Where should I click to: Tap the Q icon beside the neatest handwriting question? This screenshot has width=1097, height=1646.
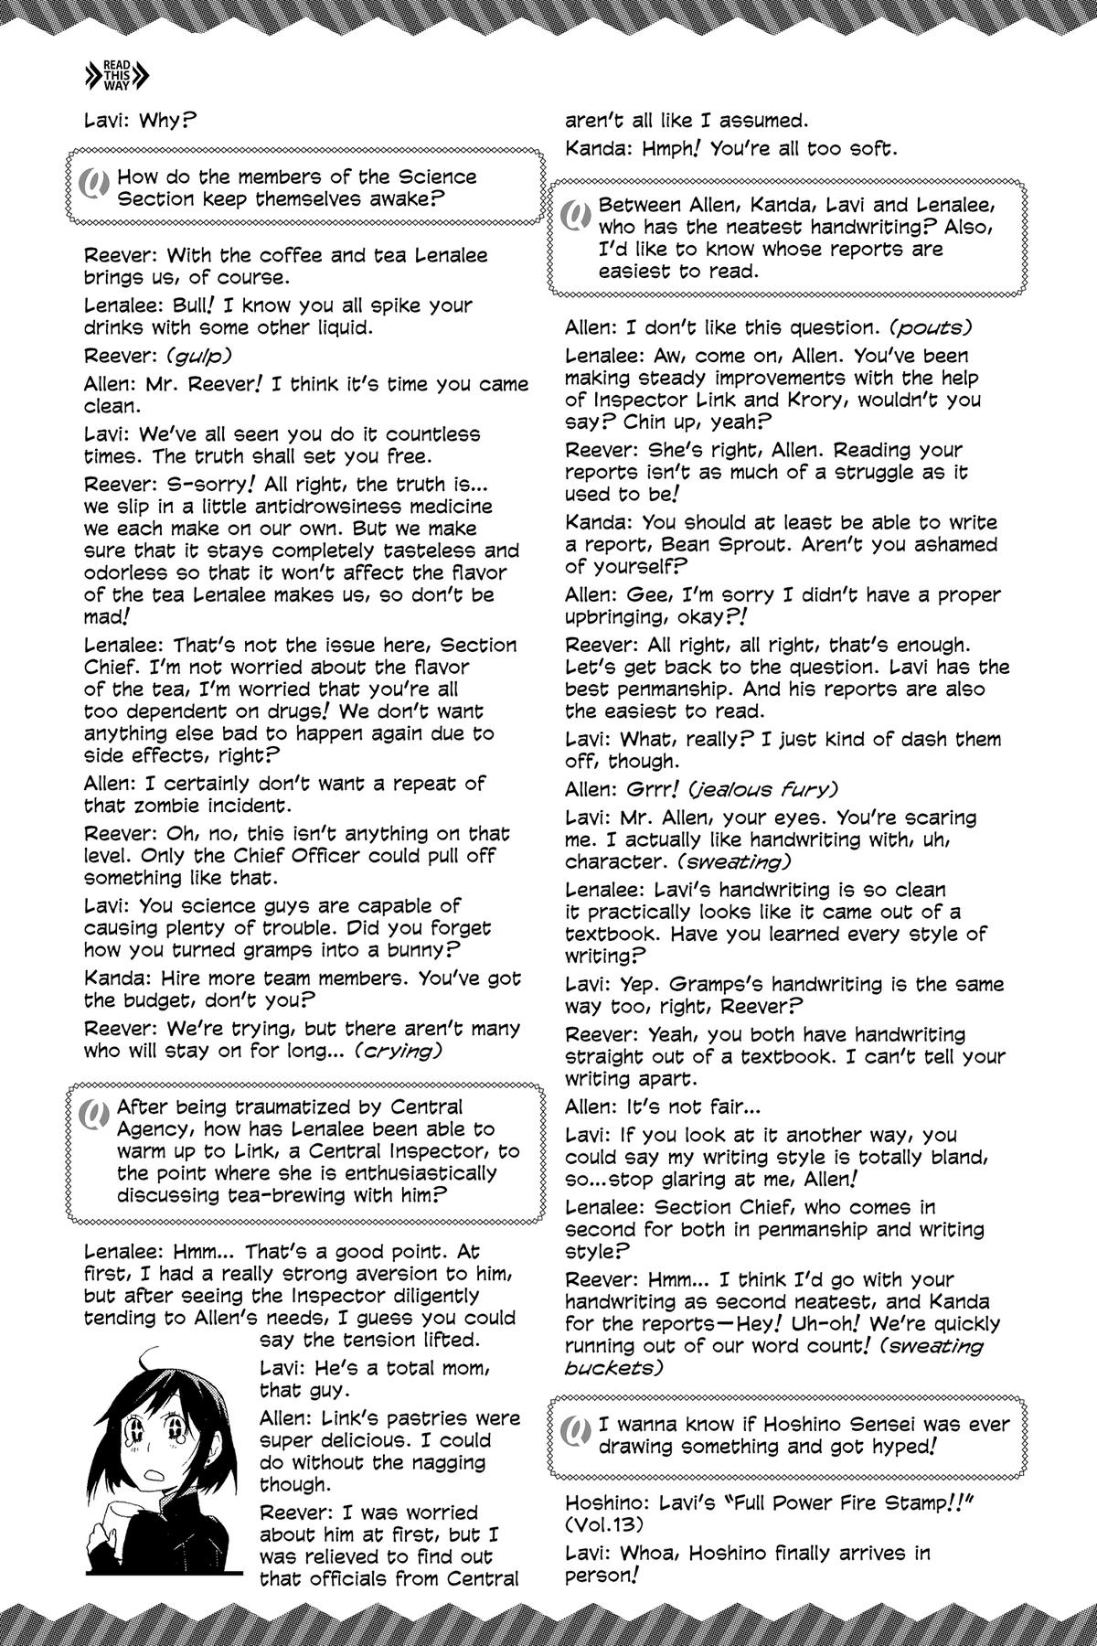coord(574,216)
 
